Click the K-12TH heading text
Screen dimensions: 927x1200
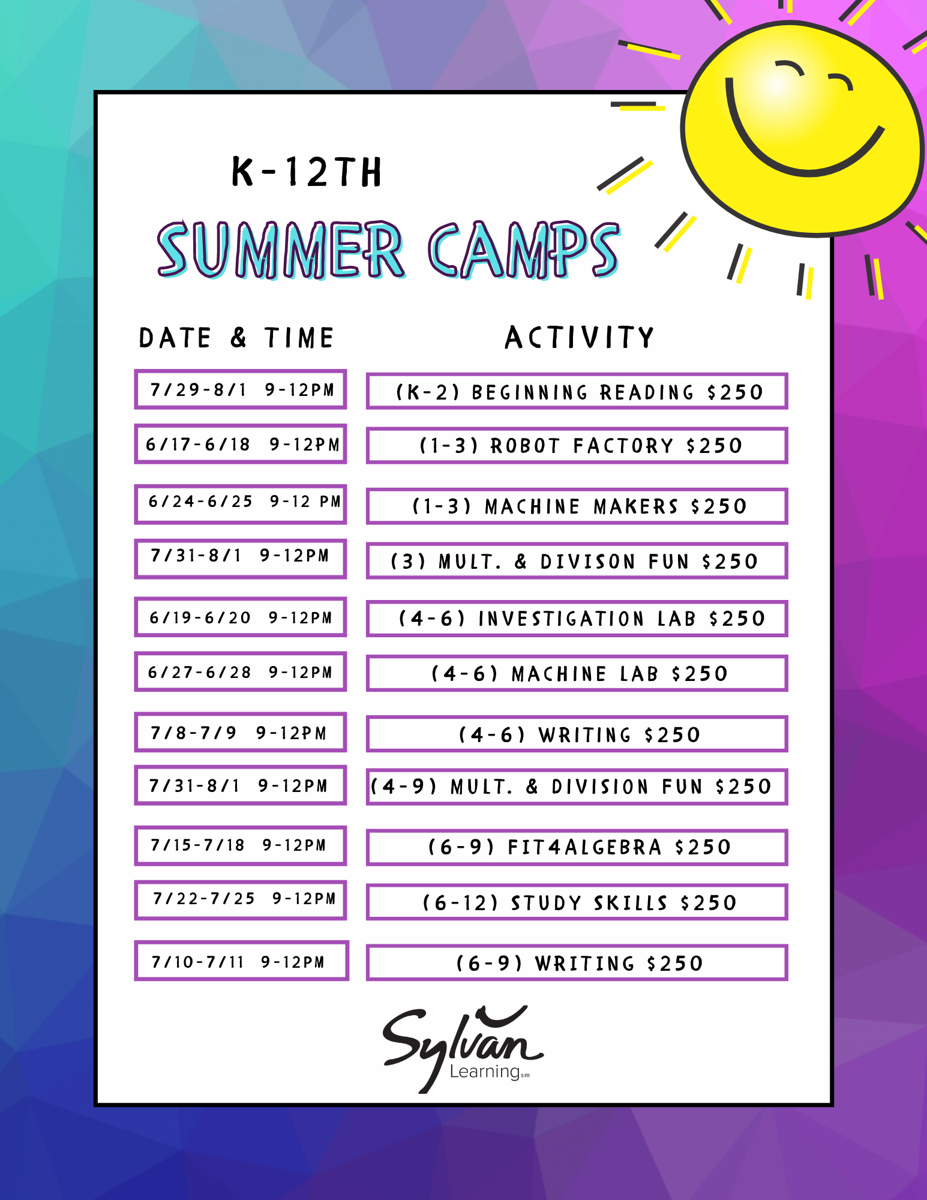[x=307, y=172]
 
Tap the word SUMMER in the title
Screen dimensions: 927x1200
[x=280, y=249]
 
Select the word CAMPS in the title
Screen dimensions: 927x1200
[x=524, y=249]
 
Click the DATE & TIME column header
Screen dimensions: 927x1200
[x=236, y=338]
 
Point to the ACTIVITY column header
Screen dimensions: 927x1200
[x=579, y=337]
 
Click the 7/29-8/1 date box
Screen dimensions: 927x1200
[x=241, y=389]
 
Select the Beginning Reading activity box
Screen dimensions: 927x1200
[x=577, y=391]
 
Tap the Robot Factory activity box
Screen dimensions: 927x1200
[x=577, y=445]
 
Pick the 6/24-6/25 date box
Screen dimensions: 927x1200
[x=241, y=504]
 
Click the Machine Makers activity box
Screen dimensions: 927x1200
[x=577, y=506]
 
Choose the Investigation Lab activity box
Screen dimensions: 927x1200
[x=577, y=618]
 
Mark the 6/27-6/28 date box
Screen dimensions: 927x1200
[x=241, y=671]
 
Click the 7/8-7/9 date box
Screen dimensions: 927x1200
[x=241, y=732]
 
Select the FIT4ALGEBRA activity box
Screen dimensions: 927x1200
[x=577, y=847]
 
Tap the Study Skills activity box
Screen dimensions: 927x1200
[x=577, y=902]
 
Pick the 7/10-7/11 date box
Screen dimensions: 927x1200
[x=241, y=961]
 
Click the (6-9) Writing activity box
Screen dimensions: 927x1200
[x=577, y=963]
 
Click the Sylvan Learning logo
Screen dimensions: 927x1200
[x=463, y=1049]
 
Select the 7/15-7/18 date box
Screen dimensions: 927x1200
[x=241, y=845]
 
